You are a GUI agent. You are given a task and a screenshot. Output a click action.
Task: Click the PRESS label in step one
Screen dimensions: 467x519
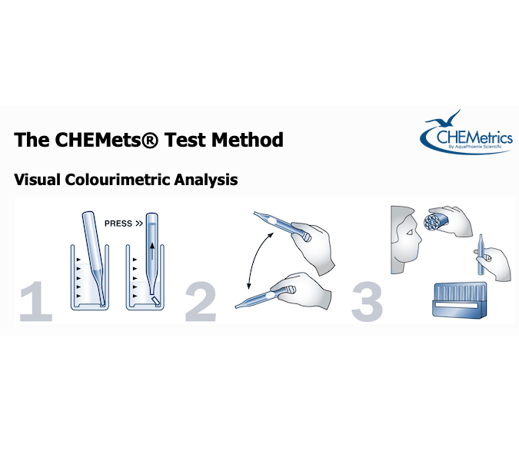coord(118,224)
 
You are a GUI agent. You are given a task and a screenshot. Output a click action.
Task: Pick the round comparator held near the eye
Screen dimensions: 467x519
coord(436,224)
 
